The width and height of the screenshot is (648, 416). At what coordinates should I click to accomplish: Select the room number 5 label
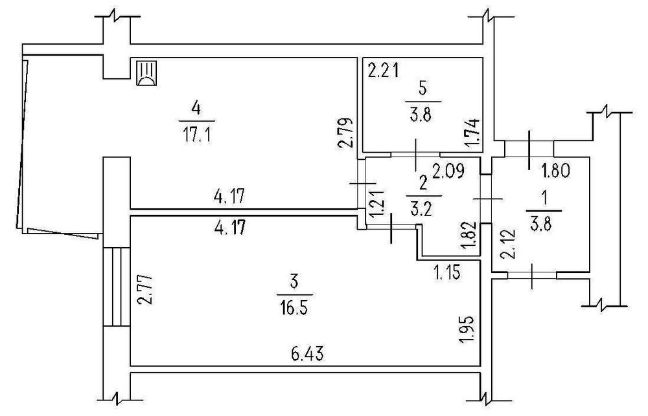[x=423, y=88]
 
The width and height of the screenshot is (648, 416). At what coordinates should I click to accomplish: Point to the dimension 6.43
[x=307, y=354]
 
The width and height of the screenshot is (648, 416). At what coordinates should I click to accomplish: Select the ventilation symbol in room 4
[x=146, y=72]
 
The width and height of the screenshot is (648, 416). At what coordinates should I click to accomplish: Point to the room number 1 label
[x=543, y=194]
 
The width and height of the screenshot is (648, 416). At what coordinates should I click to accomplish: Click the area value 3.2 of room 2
[x=424, y=208]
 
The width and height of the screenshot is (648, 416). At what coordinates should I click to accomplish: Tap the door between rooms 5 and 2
[x=415, y=154]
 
